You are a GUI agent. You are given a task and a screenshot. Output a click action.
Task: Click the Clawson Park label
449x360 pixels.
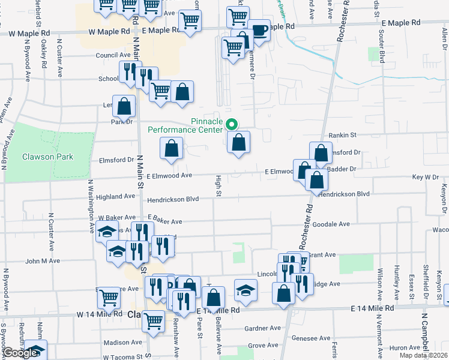click(47, 157)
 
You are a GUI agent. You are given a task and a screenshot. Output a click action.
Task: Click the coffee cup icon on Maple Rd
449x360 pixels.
click(259, 30)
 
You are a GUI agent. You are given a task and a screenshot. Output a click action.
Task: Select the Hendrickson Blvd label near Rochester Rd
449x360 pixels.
click(344, 194)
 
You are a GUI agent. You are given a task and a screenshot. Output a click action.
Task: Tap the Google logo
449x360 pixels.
click(19, 353)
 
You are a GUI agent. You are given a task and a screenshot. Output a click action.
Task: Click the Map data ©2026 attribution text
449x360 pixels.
click(424, 355)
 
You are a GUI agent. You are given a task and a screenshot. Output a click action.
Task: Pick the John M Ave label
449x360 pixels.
click(43, 261)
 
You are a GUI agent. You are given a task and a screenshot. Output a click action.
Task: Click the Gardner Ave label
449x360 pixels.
click(263, 328)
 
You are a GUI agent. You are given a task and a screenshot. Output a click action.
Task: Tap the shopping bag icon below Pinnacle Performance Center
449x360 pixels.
click(239, 143)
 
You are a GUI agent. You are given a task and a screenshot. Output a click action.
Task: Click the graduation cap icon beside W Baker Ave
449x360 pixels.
click(106, 232)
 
